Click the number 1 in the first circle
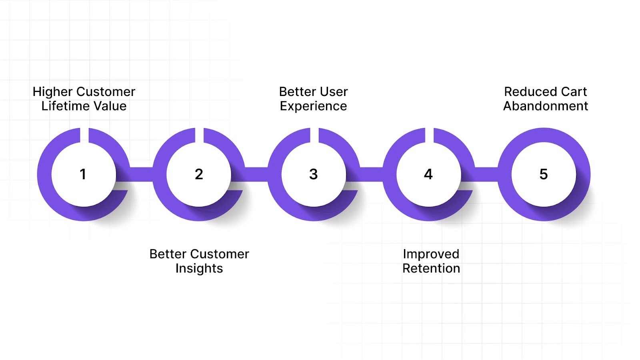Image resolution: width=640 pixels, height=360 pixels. coord(83,174)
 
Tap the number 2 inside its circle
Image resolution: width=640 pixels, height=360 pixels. coord(199,174)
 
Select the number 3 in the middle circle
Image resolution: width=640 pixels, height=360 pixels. coord(314,174)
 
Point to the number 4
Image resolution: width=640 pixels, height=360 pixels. coord(428,174)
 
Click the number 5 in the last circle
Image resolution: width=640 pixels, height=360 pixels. coord(543,174)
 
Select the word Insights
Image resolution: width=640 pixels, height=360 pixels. coord(199,268)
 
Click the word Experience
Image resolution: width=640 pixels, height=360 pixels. coord(313,106)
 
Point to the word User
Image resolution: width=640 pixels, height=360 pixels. coord(334,92)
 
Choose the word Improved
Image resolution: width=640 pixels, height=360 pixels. coord(431,254)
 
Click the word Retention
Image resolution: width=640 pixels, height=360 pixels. coord(431,268)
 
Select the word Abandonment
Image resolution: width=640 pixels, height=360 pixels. coord(545,106)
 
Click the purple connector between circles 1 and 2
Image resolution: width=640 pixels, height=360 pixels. coord(141,174)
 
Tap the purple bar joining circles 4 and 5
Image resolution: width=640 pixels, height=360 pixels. coord(486,174)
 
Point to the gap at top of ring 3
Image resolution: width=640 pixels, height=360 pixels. coord(314,135)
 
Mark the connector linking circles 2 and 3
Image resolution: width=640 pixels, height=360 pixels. coord(256,174)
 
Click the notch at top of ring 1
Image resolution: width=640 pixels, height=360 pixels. coord(84,135)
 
